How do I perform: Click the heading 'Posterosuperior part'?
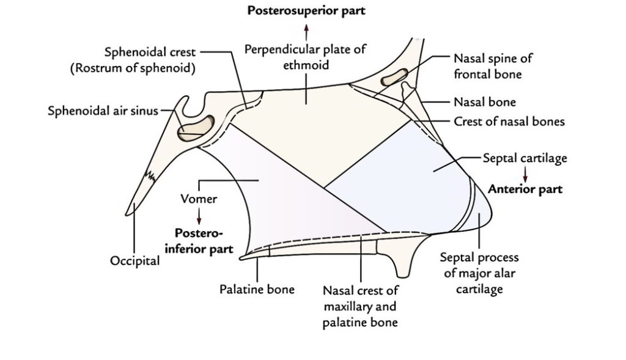(306, 12)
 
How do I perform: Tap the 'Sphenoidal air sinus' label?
(103, 111)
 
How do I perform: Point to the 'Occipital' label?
(134, 261)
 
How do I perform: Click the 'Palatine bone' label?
(257, 288)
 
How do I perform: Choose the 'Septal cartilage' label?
(525, 158)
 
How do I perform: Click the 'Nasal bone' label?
(485, 102)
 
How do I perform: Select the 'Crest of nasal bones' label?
(509, 122)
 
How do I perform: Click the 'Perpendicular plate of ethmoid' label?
(306, 56)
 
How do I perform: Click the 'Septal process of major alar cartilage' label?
(479, 274)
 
